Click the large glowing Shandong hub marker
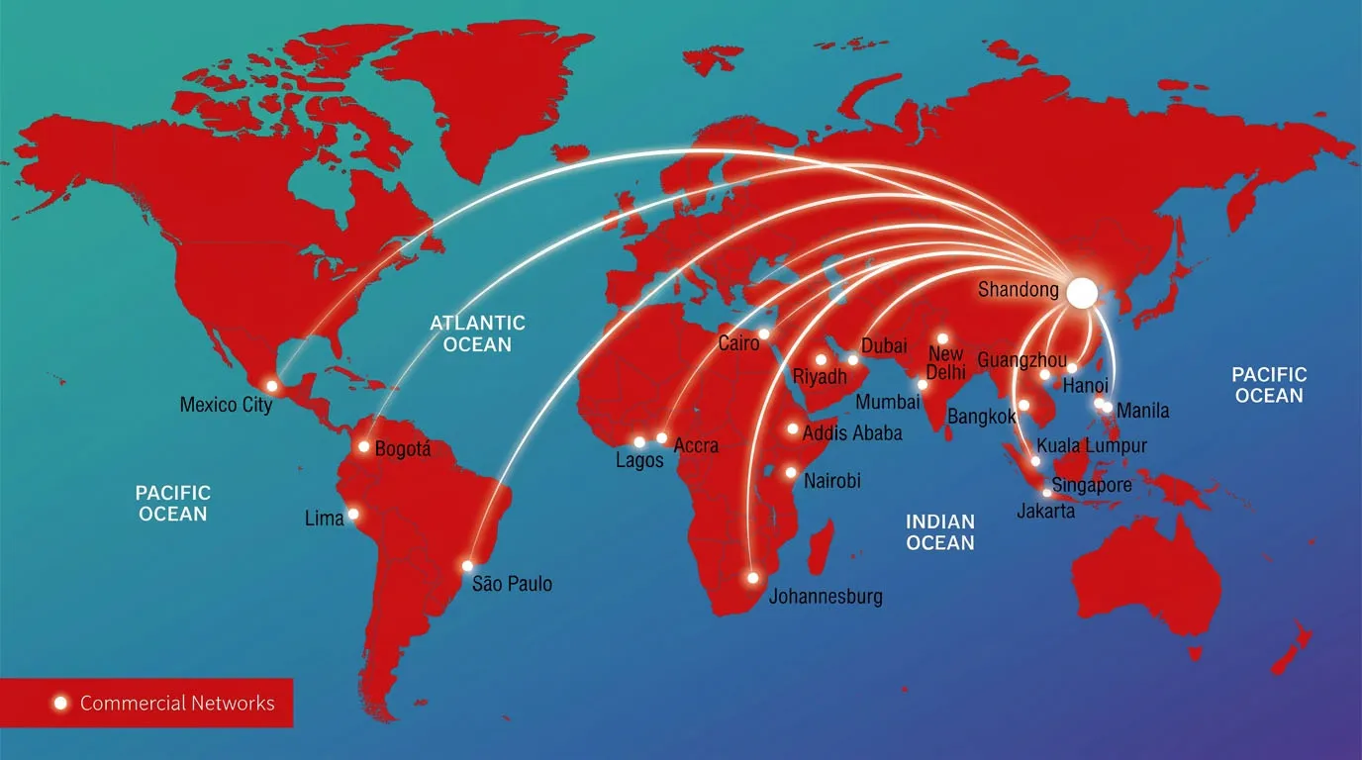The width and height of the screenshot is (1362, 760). [x=1082, y=291]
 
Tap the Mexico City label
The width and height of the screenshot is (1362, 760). [x=226, y=405]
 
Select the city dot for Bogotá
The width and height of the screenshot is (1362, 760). [x=364, y=447]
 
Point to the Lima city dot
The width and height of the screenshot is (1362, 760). [x=352, y=514]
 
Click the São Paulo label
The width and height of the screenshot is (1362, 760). [x=512, y=584]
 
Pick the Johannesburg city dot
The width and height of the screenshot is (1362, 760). [x=752, y=577]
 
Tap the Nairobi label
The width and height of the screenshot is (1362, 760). [x=831, y=481]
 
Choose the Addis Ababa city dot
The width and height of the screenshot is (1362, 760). [x=793, y=428]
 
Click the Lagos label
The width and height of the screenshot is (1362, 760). [x=639, y=461]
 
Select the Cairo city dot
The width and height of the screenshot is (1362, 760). [x=763, y=332]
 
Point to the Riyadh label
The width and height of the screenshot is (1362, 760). [x=820, y=377]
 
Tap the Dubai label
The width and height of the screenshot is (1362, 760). [x=884, y=346]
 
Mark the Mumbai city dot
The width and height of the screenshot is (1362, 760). [x=923, y=384]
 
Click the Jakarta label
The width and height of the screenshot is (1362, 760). [x=1045, y=511]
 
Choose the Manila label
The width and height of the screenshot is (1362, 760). [x=1142, y=411]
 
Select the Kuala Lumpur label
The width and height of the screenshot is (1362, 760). [x=1092, y=445]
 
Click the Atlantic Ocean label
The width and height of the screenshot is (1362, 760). [x=477, y=333]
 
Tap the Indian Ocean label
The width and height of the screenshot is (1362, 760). [x=940, y=531]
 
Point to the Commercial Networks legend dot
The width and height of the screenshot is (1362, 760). [x=60, y=703]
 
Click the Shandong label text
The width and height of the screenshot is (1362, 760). [x=1018, y=290]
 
